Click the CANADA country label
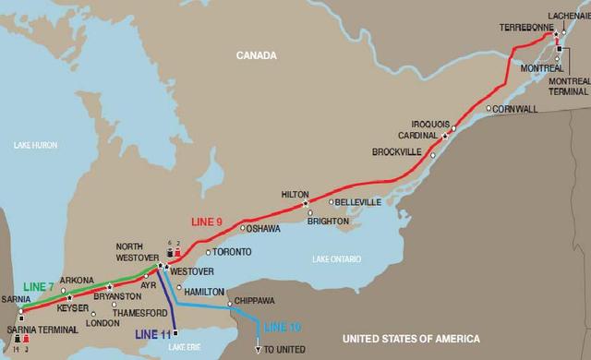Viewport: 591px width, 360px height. [x=256, y=55]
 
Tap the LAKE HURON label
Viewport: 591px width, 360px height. [x=37, y=145]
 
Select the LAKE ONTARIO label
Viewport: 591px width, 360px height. [x=337, y=258]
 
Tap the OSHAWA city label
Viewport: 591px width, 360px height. [x=263, y=228]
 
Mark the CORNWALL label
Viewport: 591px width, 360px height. [x=515, y=108]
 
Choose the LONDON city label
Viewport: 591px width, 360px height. [x=103, y=323]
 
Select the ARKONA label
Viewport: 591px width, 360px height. [x=77, y=281]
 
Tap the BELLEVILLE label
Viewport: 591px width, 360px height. [x=359, y=201]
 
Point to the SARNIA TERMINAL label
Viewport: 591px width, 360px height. [x=34, y=330]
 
